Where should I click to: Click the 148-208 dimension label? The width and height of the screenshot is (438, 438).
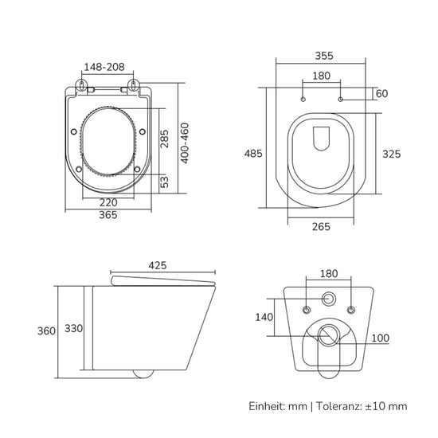click(x=104, y=67)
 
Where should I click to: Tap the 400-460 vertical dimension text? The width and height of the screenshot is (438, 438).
click(x=185, y=143)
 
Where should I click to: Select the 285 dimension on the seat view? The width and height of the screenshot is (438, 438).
click(x=164, y=139)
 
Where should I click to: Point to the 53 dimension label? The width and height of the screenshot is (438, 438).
click(x=165, y=182)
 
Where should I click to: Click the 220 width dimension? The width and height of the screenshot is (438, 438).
click(x=108, y=202)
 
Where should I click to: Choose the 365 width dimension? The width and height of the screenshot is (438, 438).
click(x=108, y=215)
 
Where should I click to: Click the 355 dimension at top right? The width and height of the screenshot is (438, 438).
click(x=324, y=56)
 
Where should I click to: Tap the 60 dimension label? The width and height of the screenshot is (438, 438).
click(x=381, y=94)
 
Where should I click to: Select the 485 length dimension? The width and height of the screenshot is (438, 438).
click(x=253, y=154)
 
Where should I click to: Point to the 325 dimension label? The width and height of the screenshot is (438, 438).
click(x=391, y=154)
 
